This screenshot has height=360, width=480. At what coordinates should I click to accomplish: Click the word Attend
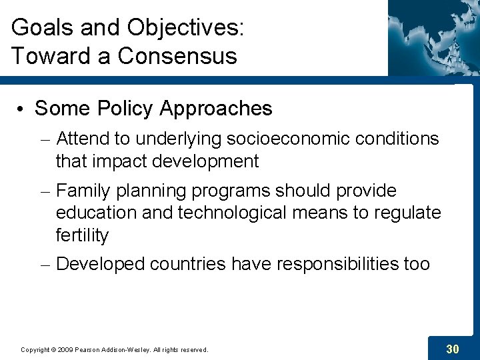click(85, 139)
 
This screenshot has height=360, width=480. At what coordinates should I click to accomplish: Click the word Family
click(84, 191)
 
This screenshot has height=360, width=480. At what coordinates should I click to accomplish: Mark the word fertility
click(82, 235)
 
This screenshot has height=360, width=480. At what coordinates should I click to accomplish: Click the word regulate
click(407, 213)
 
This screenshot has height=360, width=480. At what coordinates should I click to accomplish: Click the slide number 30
click(452, 349)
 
